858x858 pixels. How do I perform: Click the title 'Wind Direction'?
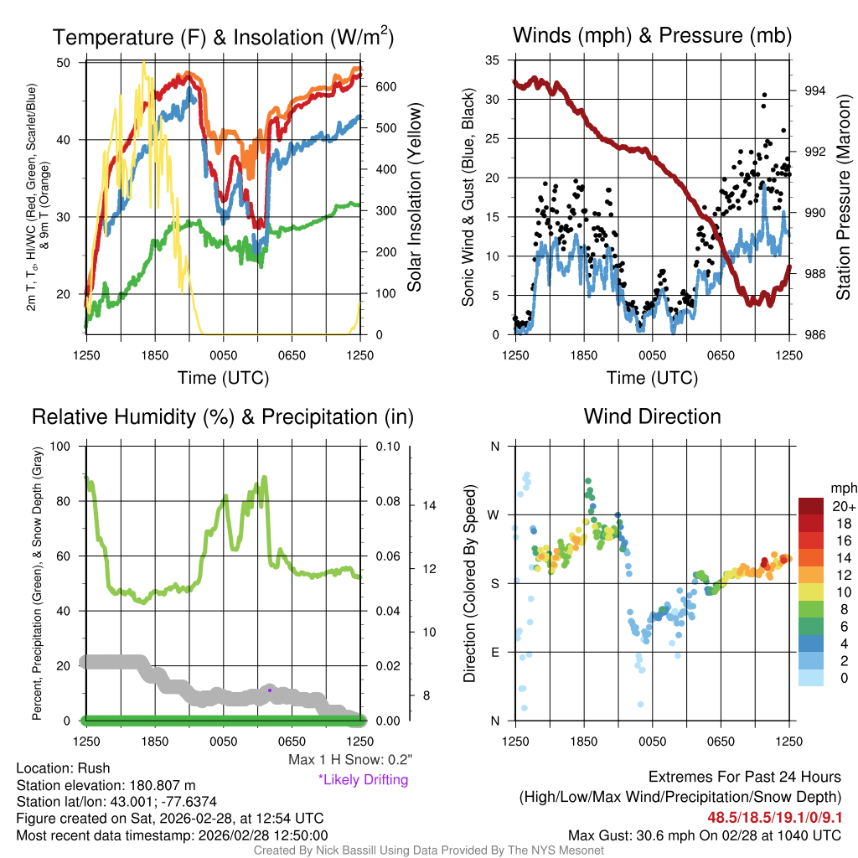click(x=652, y=416)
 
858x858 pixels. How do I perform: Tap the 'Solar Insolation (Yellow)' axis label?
click(x=414, y=198)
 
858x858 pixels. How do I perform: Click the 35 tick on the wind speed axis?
click(x=494, y=60)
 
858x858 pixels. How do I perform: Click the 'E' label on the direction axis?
click(x=494, y=652)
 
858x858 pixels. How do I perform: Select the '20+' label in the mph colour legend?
click(x=843, y=506)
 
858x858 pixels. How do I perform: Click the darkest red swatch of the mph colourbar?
click(x=812, y=506)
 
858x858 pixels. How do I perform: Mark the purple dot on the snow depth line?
click(x=270, y=690)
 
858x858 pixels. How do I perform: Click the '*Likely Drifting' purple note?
click(x=363, y=780)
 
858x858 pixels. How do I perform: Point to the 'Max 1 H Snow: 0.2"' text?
click(x=349, y=759)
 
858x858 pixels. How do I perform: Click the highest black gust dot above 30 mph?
click(x=763, y=95)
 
